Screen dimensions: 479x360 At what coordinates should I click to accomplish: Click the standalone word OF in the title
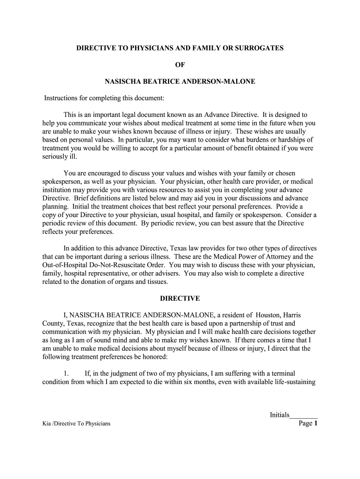pyautogui.click(x=180, y=65)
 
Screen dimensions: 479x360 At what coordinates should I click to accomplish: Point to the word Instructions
pyautogui.click(x=63, y=98)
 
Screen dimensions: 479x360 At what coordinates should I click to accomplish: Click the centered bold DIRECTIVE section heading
pyautogui.click(x=180, y=298)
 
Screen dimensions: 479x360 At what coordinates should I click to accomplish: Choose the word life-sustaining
pyautogui.click(x=291, y=382)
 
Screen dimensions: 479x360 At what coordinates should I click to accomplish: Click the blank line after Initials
pyautogui.click(x=304, y=415)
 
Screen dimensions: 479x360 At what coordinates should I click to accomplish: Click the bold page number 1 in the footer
pyautogui.click(x=316, y=424)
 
